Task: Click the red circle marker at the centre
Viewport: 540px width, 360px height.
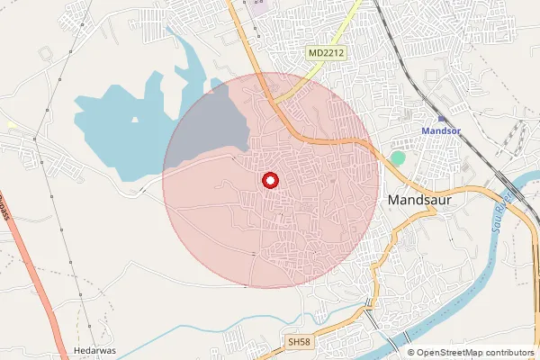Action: [270, 181]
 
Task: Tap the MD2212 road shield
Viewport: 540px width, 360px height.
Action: [327, 54]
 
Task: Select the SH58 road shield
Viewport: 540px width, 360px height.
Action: [298, 343]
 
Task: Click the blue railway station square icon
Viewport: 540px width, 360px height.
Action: [441, 118]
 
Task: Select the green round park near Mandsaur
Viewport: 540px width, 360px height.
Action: [398, 158]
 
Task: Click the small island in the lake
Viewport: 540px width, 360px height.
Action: [135, 119]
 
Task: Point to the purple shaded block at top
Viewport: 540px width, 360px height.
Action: [259, 7]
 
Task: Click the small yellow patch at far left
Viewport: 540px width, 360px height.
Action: [12, 124]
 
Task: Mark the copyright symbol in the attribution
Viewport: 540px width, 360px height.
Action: [411, 353]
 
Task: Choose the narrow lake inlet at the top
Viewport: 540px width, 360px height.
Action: [184, 54]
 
